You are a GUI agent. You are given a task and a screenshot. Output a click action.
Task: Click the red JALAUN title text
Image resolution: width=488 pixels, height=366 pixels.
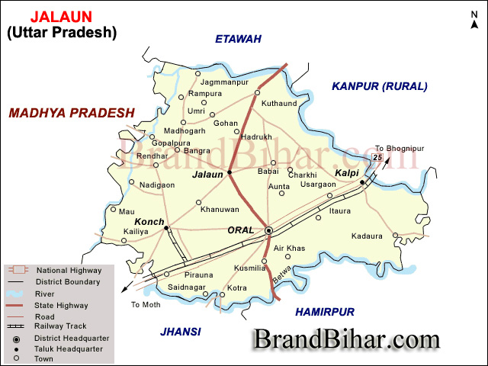[61, 16]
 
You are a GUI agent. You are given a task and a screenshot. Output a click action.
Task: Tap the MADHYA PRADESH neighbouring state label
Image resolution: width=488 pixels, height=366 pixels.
[72, 113]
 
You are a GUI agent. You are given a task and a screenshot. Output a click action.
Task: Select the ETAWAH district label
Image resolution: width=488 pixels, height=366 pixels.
[238, 39]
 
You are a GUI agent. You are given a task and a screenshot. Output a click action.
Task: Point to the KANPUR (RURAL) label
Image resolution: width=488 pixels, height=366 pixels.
[380, 87]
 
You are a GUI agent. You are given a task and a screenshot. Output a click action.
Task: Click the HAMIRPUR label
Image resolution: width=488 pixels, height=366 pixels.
[325, 312]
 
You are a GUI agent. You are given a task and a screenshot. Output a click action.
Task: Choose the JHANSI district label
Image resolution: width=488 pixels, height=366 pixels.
[181, 331]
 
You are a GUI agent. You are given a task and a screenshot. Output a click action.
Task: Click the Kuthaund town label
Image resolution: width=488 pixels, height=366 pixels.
[279, 102]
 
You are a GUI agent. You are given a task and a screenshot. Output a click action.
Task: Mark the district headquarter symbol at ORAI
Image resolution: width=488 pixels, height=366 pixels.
[268, 230]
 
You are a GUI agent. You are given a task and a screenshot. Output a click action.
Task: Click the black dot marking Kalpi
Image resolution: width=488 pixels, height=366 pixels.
[362, 182]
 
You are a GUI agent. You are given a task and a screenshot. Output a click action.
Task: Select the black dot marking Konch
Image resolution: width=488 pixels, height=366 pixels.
[166, 228]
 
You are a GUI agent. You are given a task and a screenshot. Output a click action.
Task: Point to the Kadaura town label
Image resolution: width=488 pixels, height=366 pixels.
[367, 236]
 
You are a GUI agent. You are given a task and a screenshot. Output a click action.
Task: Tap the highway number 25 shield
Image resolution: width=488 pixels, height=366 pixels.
[377, 158]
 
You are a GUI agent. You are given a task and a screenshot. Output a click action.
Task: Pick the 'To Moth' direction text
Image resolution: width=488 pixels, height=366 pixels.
[146, 304]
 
